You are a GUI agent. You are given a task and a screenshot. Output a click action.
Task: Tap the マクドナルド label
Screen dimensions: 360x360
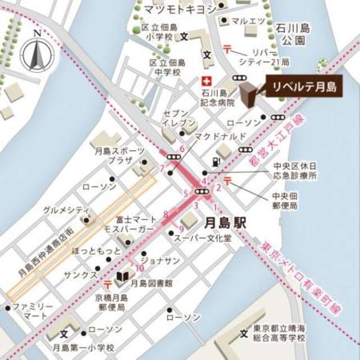coord(220,137)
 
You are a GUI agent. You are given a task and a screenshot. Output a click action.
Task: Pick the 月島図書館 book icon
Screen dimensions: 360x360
coord(121,280)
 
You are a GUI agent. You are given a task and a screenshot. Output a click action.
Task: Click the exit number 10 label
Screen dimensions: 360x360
coord(139,268)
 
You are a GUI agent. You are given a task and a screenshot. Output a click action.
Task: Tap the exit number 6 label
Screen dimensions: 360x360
coord(182,149)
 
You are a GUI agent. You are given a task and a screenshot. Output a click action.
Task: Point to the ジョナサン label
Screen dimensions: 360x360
coord(160,260)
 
